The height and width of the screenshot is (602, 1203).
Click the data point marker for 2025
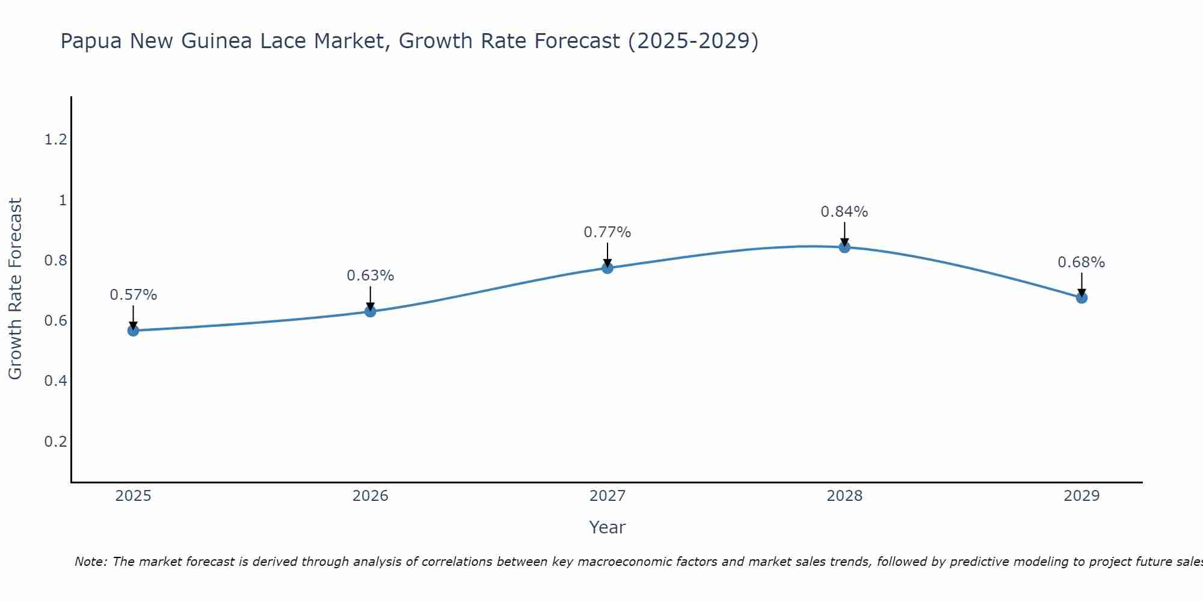pos(133,330)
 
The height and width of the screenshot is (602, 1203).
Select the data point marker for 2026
pos(371,311)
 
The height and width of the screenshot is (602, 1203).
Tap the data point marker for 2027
pos(608,268)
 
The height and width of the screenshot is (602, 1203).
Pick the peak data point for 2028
pos(845,247)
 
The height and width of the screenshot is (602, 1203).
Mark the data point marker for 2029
pos(1081,297)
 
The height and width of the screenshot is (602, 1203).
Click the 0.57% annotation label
pos(133,295)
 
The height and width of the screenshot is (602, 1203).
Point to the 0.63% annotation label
pos(371,276)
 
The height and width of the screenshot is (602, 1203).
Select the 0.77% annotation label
pos(608,232)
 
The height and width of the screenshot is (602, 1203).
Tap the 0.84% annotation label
pos(845,212)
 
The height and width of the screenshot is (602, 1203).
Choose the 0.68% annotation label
pos(1081,262)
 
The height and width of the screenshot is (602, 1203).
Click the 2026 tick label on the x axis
pos(371,496)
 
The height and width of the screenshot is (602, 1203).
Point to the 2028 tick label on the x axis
pos(845,496)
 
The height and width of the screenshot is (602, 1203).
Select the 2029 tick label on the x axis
pos(1081,496)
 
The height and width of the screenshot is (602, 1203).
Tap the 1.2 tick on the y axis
pos(55,140)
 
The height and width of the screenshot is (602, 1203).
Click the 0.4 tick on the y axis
pos(55,381)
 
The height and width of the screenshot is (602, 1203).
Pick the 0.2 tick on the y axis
pos(55,441)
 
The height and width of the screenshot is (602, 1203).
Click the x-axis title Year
pos(608,527)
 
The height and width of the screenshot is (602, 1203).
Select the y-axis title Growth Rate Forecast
pos(15,289)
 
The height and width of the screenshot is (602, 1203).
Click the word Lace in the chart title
pos(284,41)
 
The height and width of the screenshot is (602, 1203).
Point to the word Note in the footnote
pos(90,562)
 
